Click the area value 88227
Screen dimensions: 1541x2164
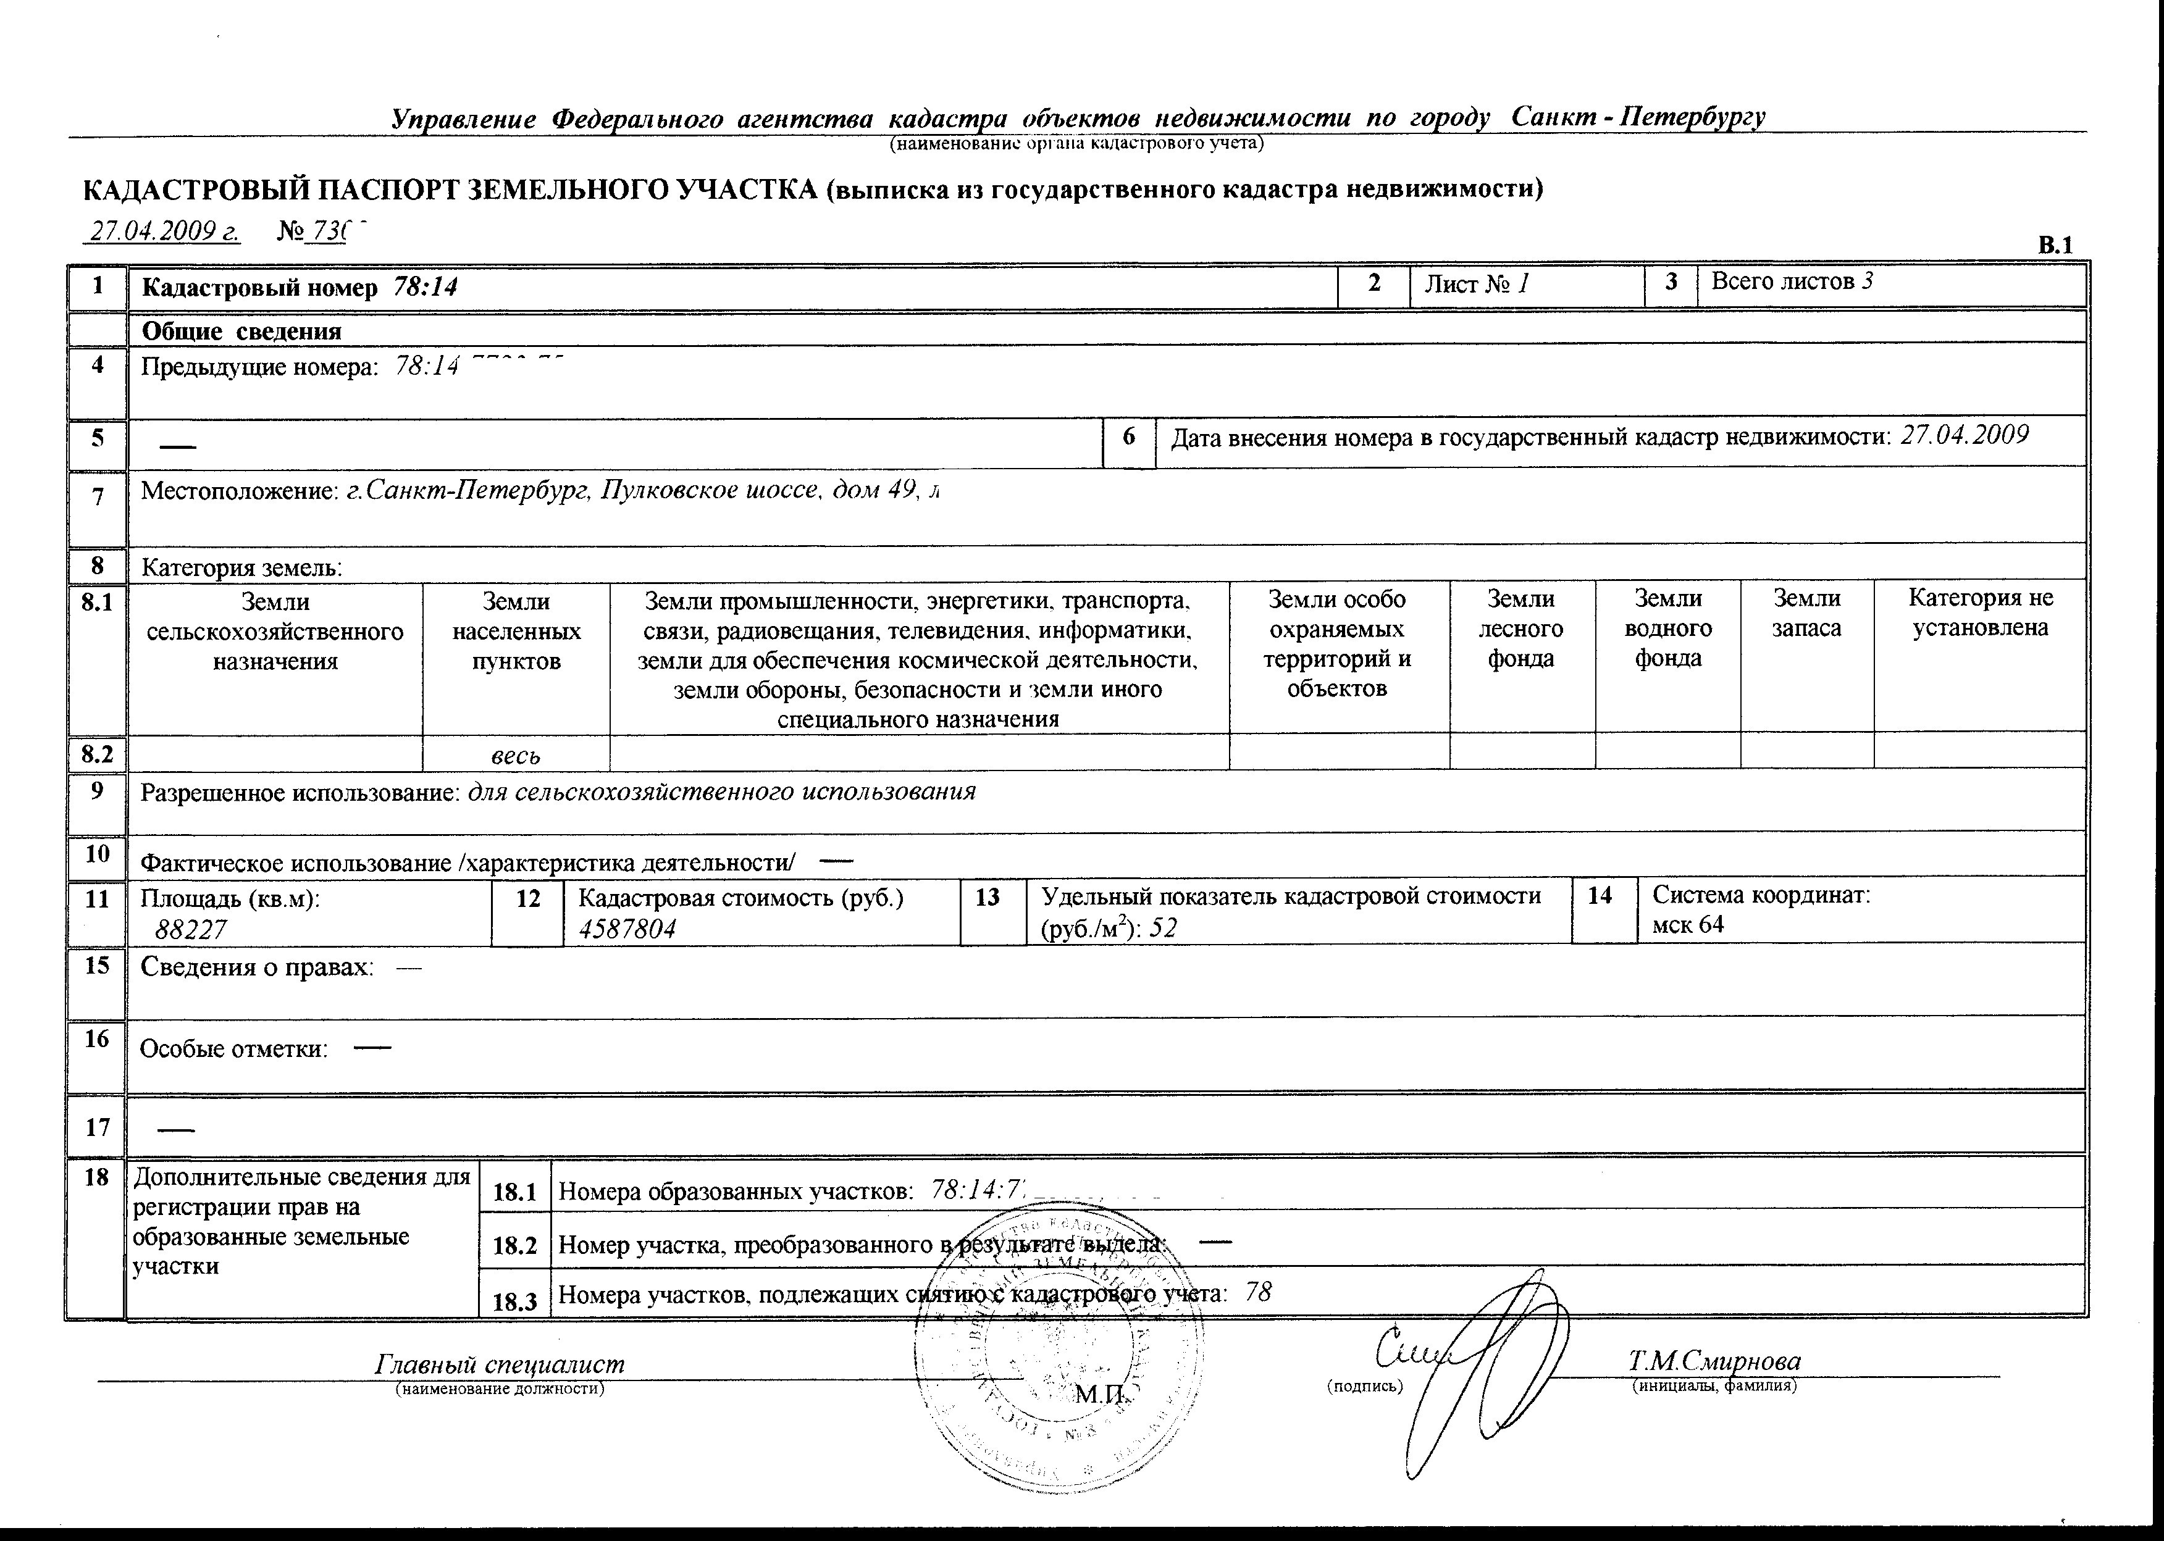[191, 930]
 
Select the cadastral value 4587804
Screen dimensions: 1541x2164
[627, 929]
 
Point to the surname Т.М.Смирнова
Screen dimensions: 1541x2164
[1714, 1362]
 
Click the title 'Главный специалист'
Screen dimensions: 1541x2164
[500, 1364]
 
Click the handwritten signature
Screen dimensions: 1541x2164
[1480, 1366]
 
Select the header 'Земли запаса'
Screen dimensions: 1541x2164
[1806, 613]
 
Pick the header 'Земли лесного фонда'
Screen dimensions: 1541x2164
[1522, 628]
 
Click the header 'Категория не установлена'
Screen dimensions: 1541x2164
[1980, 613]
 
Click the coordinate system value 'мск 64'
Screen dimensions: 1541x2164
[1688, 925]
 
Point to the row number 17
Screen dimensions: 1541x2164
[98, 1127]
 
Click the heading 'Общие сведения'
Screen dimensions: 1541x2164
[241, 331]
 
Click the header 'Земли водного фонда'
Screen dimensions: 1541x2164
[1667, 628]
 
